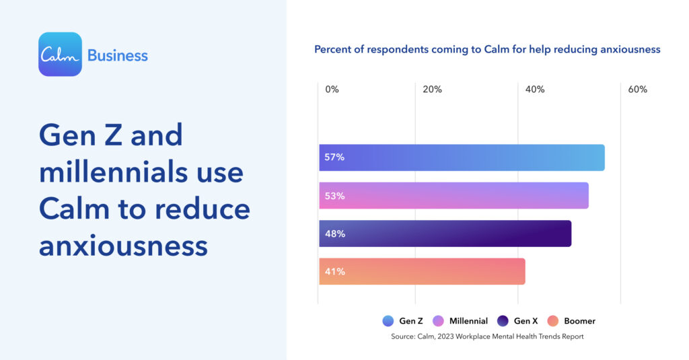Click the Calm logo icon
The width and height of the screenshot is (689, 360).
[60, 55]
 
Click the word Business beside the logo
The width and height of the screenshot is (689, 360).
[118, 55]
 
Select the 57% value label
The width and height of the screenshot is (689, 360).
[334, 157]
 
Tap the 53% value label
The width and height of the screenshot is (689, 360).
[334, 196]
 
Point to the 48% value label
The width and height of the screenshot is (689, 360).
[334, 233]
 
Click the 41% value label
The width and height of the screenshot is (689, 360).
[334, 272]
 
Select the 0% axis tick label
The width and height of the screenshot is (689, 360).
[332, 89]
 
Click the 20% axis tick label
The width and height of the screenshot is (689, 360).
[432, 89]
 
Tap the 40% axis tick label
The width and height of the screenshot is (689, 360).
[535, 89]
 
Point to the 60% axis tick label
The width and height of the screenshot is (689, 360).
[637, 89]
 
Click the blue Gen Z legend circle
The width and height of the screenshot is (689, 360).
[388, 321]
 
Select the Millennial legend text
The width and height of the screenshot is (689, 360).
[468, 321]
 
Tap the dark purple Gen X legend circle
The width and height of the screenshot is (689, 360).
[502, 321]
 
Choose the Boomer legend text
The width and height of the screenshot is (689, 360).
[579, 321]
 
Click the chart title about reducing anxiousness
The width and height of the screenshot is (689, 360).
[487, 49]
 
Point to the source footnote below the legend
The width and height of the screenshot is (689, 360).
[487, 336]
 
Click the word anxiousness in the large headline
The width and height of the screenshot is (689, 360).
[123, 246]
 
